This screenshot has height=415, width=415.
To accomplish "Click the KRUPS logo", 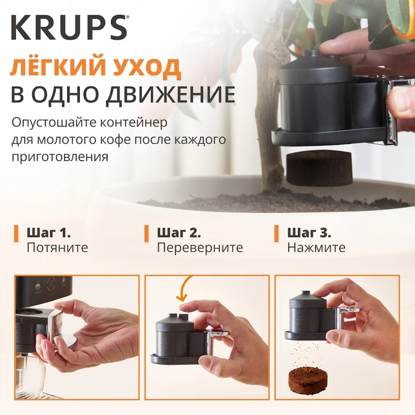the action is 69,27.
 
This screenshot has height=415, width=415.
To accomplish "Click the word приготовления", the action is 60,157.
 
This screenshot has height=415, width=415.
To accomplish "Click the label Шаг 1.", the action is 49,233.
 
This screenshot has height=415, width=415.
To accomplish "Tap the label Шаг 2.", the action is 179,233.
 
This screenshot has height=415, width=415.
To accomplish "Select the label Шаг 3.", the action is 309,233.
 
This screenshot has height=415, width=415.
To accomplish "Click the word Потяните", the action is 57,248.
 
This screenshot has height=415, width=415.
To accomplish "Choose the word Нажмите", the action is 317,248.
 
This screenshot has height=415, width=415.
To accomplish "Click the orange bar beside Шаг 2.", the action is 146,233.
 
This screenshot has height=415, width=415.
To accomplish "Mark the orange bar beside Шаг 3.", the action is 276,233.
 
